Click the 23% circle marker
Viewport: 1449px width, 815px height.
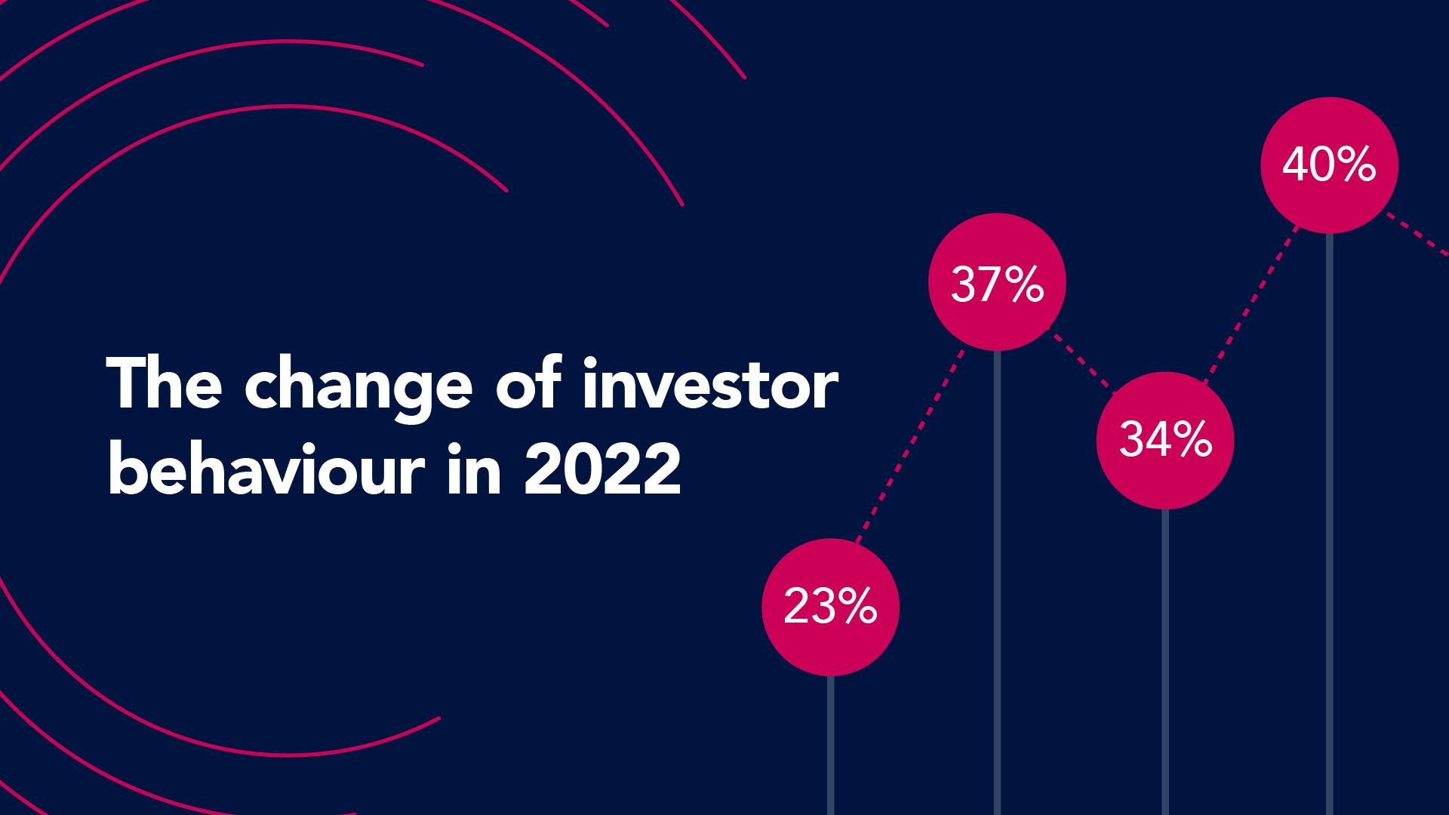(830, 607)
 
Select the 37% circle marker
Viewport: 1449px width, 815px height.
(997, 282)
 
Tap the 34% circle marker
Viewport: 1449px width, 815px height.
(1164, 440)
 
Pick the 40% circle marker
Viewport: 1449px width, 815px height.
(1329, 165)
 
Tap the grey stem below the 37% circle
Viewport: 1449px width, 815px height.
(997, 581)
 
